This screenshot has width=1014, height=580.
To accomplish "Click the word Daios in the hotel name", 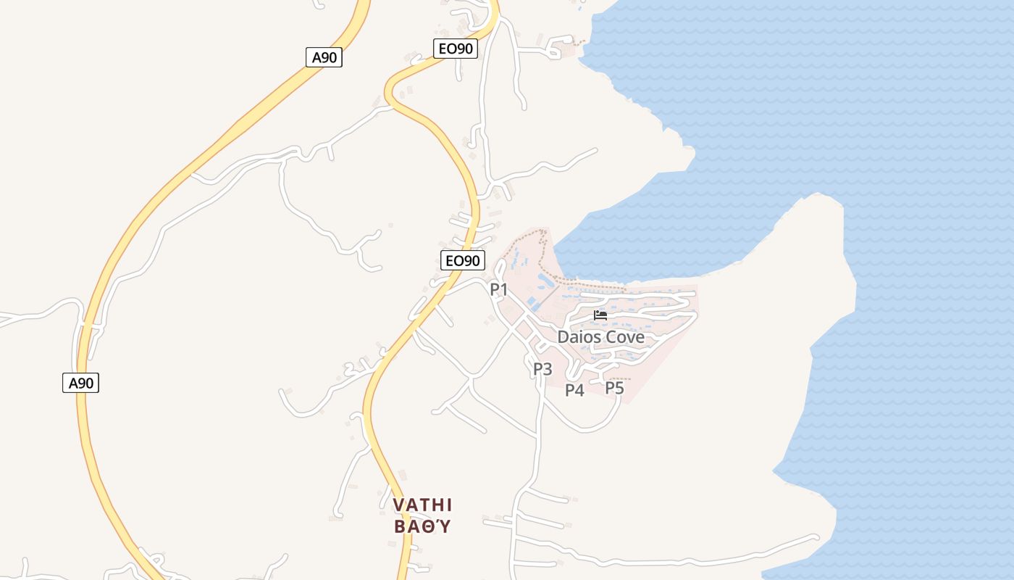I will pos(578,337).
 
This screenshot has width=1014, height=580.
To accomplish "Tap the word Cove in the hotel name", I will pos(624,337).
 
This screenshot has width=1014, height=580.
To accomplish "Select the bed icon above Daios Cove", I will pos(600,315).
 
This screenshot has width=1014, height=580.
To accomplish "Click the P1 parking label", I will pos(499,290).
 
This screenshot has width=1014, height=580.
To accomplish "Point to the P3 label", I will pos(542,370).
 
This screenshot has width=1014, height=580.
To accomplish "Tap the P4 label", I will pos(574,391).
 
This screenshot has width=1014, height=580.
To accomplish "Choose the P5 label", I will pos(614,389).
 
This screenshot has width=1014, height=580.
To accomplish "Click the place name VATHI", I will pos(423,505).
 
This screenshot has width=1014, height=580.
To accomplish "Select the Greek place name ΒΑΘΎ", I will pos(423,526).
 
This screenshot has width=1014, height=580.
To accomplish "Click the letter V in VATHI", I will pos(398,505).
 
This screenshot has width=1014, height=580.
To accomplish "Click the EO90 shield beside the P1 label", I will pos(462,260).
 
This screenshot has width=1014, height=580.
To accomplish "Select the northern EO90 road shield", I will pos(456,49).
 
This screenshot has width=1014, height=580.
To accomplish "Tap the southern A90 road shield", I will pos(80,383).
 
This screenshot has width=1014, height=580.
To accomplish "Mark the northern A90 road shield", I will pos(324,57).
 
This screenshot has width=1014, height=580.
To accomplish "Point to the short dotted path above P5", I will pos(619,378).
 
